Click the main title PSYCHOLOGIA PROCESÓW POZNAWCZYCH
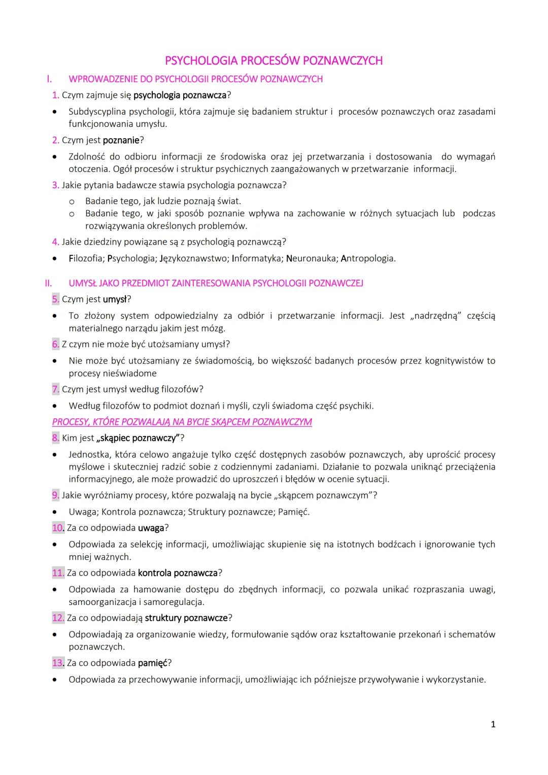coord(273,61)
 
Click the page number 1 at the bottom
coord(493,724)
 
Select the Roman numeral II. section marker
coord(48,283)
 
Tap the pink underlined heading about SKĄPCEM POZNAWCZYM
coord(182,422)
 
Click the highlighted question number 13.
coord(58,663)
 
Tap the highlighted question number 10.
coord(58,528)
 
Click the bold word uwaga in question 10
coord(151,528)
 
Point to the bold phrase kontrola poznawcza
coord(178,573)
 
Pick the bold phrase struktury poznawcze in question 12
coord(186,618)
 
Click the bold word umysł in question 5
coord(115,299)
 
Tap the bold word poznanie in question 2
coord(121,140)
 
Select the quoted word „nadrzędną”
coord(436,316)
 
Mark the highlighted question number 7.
coord(55,389)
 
